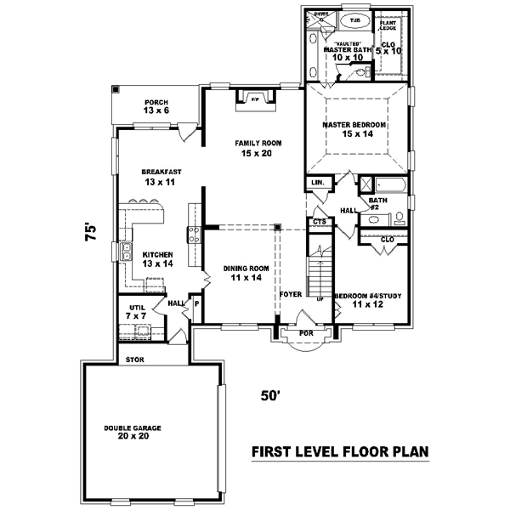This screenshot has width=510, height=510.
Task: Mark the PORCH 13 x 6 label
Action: tap(156, 105)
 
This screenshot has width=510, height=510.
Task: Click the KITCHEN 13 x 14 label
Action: tap(158, 258)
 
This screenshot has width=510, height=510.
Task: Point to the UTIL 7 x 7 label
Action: tap(138, 311)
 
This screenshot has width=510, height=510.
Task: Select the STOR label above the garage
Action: tap(133, 359)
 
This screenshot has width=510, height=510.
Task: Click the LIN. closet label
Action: tap(319, 183)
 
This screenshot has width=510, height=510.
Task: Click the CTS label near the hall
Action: tap(319, 222)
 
